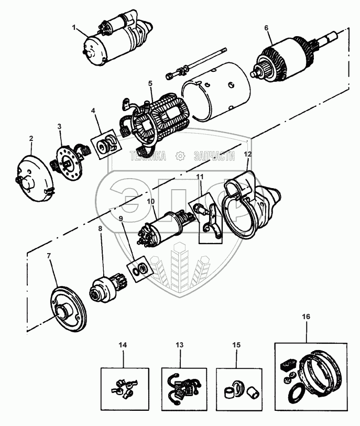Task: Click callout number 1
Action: pos(74,27)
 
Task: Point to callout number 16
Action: pos(306,317)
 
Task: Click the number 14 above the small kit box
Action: pos(122,345)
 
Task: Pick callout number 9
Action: pos(121,218)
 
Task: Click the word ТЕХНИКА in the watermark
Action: pos(148,155)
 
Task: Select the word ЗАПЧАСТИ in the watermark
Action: pos(213,155)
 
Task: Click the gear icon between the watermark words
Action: pos(180,155)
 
